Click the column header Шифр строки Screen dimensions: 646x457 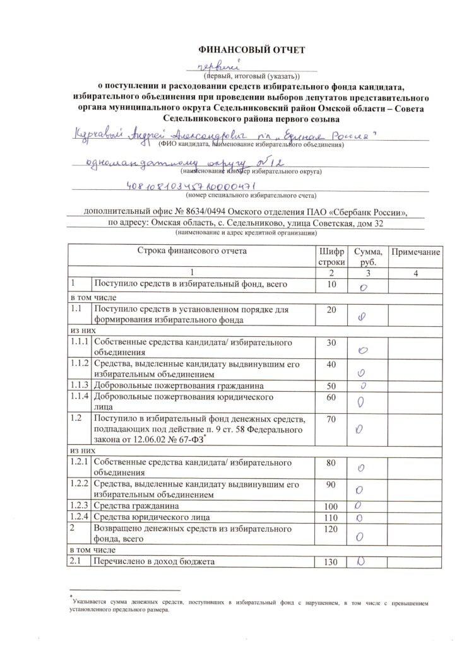pos(332,256)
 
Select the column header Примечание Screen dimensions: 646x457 pos(414,252)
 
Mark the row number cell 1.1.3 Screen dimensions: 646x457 pos(80,385)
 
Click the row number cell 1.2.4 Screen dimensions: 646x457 pos(80,517)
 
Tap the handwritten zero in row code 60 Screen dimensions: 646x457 pos(362,402)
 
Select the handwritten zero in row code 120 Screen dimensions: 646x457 pos(360,537)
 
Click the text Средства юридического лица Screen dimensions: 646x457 pos(147,517)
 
